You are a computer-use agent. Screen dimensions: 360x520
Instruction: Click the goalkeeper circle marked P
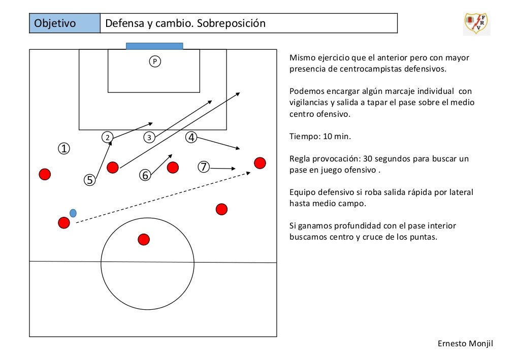click(155, 61)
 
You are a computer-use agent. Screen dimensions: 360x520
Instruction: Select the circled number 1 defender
click(64, 149)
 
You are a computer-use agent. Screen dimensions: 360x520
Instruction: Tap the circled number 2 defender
click(107, 137)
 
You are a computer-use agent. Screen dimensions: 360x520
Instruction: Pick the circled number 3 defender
click(149, 137)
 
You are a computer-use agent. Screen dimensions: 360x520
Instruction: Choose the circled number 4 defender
click(191, 137)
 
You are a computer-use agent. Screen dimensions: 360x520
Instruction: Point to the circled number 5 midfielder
click(89, 180)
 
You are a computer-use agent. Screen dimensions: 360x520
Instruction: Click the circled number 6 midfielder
click(145, 175)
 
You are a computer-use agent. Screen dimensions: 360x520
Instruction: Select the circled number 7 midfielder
click(204, 167)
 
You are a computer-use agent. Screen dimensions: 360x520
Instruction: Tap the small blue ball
click(73, 213)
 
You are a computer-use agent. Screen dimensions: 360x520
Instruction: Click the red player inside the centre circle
click(144, 239)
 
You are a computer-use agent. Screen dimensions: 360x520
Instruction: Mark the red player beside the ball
click(63, 222)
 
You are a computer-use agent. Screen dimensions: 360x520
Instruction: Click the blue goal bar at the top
click(154, 46)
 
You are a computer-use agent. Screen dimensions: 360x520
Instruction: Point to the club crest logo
click(476, 23)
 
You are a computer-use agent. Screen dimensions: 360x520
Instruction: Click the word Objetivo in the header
click(55, 24)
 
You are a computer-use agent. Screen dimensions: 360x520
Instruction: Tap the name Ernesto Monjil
click(465, 344)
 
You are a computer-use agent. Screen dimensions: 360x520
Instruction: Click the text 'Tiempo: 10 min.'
click(320, 137)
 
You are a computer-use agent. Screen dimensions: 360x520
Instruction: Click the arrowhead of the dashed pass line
click(248, 173)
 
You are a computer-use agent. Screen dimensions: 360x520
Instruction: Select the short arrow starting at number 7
click(222, 168)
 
